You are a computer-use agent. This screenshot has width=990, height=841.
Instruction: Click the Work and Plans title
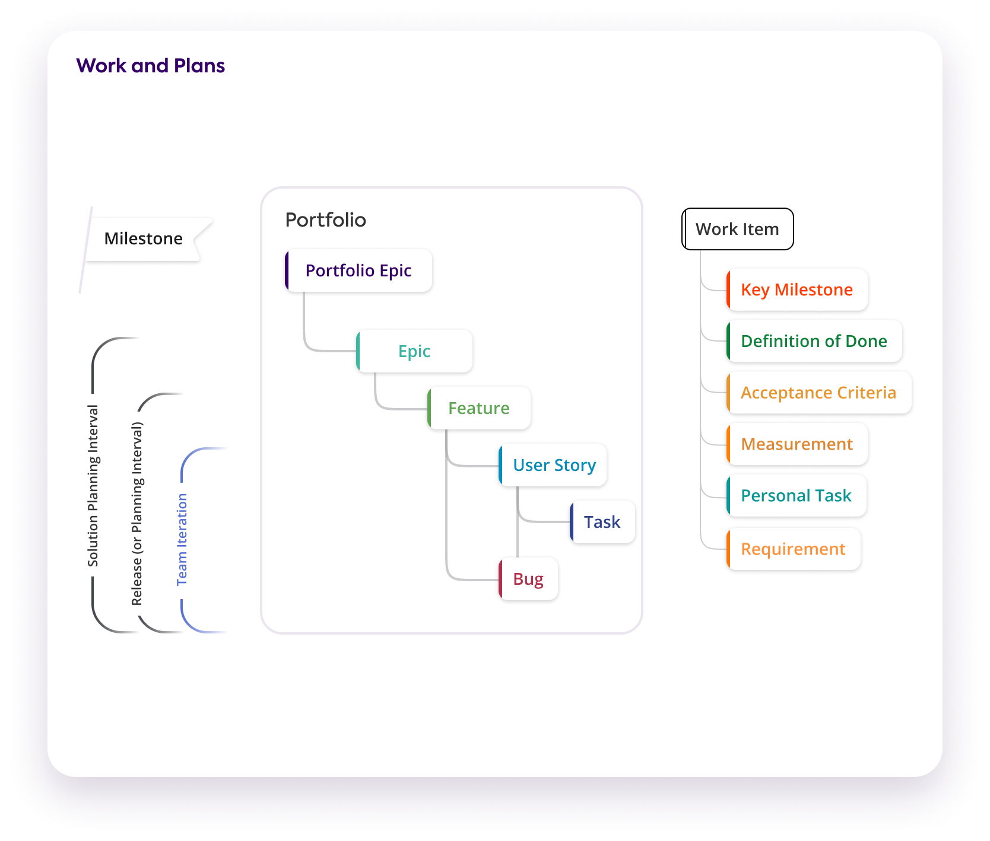click(150, 65)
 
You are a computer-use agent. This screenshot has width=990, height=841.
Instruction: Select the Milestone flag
click(144, 238)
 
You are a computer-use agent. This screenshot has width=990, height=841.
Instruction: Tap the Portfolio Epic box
click(358, 270)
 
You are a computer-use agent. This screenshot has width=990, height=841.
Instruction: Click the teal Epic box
click(414, 351)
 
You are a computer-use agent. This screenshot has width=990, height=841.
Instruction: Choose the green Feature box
click(478, 408)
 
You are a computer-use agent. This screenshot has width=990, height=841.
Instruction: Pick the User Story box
click(554, 465)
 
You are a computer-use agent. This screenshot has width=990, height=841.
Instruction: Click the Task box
click(602, 522)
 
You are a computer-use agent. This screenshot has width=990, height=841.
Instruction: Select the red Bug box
click(528, 579)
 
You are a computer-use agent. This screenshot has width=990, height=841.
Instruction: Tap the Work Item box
click(737, 229)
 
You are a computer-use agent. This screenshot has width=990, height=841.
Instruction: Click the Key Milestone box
click(797, 289)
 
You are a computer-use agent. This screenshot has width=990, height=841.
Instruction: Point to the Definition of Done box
click(814, 341)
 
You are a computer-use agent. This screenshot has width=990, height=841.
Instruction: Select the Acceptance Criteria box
click(818, 393)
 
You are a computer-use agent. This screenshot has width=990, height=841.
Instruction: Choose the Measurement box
click(797, 444)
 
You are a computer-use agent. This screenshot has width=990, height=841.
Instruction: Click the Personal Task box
click(796, 495)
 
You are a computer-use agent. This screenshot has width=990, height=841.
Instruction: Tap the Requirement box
click(793, 549)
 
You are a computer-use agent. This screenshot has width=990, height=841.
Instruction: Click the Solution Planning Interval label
click(93, 485)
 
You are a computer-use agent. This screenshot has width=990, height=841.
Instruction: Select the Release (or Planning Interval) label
click(137, 513)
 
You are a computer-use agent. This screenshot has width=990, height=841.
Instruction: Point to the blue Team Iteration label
click(182, 540)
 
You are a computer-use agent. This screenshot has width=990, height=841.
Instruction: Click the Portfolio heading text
click(326, 220)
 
